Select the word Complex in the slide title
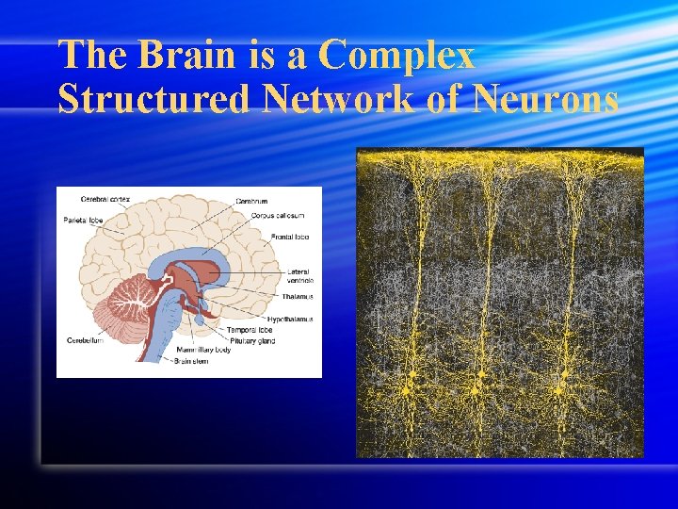click(396, 57)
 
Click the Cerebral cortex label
click(105, 199)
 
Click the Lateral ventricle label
click(300, 276)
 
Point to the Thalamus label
click(297, 296)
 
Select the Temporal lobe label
click(250, 330)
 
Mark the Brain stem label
click(190, 361)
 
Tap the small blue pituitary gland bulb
click(200, 319)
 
